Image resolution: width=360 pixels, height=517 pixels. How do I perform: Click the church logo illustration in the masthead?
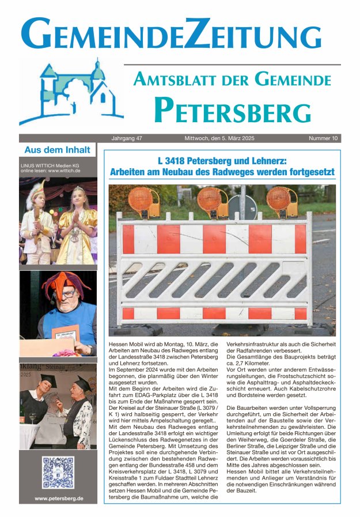pos(72,92)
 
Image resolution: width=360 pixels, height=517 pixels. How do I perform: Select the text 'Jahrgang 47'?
pos(128,138)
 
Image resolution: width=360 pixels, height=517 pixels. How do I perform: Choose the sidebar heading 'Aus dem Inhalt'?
pos(57,150)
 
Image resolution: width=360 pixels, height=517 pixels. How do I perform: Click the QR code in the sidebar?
pos(58,473)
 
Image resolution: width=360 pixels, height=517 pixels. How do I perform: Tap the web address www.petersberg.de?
pos(58,499)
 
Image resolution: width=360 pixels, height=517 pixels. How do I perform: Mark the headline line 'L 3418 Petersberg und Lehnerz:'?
pos(221,162)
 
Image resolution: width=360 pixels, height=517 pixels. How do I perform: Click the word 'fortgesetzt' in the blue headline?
pos(308,172)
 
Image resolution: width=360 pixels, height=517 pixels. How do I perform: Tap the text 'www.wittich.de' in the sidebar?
pos(64,171)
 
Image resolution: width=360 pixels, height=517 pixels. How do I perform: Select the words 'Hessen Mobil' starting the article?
pos(123,344)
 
